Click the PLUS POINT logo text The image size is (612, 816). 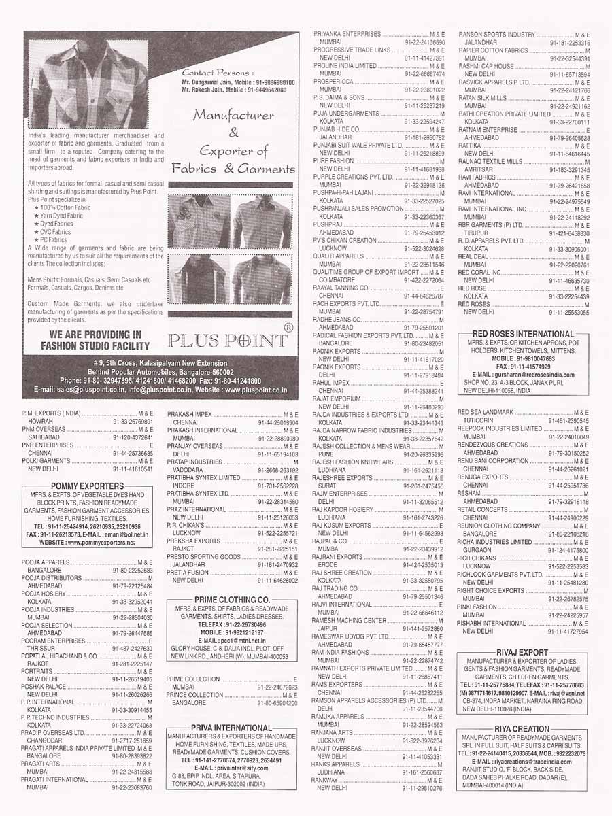(x=228, y=340)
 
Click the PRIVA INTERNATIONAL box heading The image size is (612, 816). (x=232, y=728)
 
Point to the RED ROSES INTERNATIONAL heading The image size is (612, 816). (x=523, y=334)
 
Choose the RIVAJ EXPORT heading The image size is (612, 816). (x=522, y=652)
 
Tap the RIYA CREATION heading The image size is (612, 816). (x=522, y=729)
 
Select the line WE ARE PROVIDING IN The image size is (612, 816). (x=95, y=335)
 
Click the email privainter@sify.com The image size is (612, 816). (x=232, y=767)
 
